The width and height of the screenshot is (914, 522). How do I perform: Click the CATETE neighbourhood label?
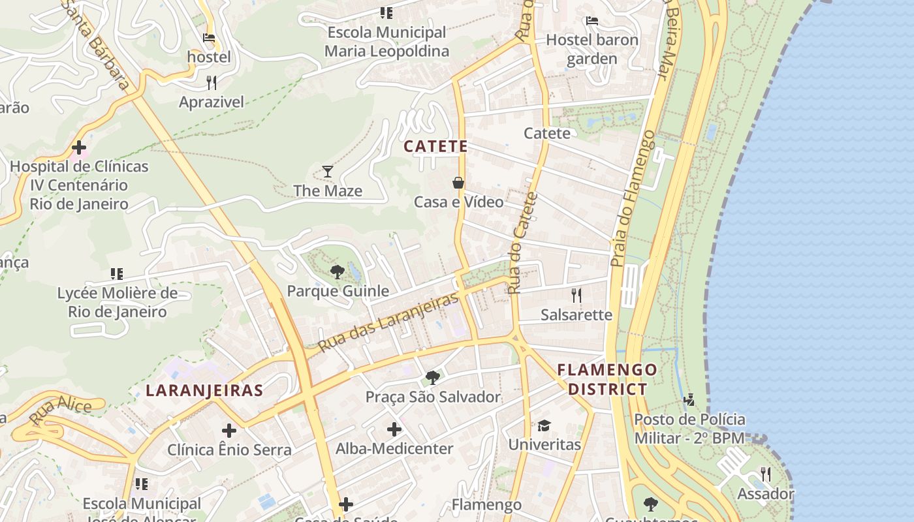pos(435,147)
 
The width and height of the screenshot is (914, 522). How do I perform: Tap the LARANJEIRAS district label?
pos(204,391)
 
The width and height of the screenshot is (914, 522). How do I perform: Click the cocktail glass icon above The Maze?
pos(328,172)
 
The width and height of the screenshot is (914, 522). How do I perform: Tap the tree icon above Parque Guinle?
pos(338,272)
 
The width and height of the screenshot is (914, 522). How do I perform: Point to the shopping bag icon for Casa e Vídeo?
pos(458,183)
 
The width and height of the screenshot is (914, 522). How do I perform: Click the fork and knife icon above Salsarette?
pos(576,296)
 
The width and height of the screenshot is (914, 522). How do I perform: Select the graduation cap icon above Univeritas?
pos(544,426)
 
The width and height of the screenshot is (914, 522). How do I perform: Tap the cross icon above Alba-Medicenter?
pos(394,429)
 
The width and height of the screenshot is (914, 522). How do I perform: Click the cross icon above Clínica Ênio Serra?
pos(229,431)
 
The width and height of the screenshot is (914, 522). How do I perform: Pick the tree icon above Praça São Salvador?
pos(432,377)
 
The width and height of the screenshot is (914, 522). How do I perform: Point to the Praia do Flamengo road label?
pos(631,198)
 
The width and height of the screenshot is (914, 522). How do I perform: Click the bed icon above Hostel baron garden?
pos(592,21)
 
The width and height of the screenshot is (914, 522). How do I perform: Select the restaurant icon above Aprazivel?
pos(211,83)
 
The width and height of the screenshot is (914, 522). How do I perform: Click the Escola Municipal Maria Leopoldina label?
pos(387,42)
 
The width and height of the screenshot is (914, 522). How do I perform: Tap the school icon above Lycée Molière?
pos(117,274)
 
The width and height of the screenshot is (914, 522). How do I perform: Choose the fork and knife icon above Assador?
pos(766,474)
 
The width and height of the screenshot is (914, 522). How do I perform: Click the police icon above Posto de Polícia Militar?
pos(689,399)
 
